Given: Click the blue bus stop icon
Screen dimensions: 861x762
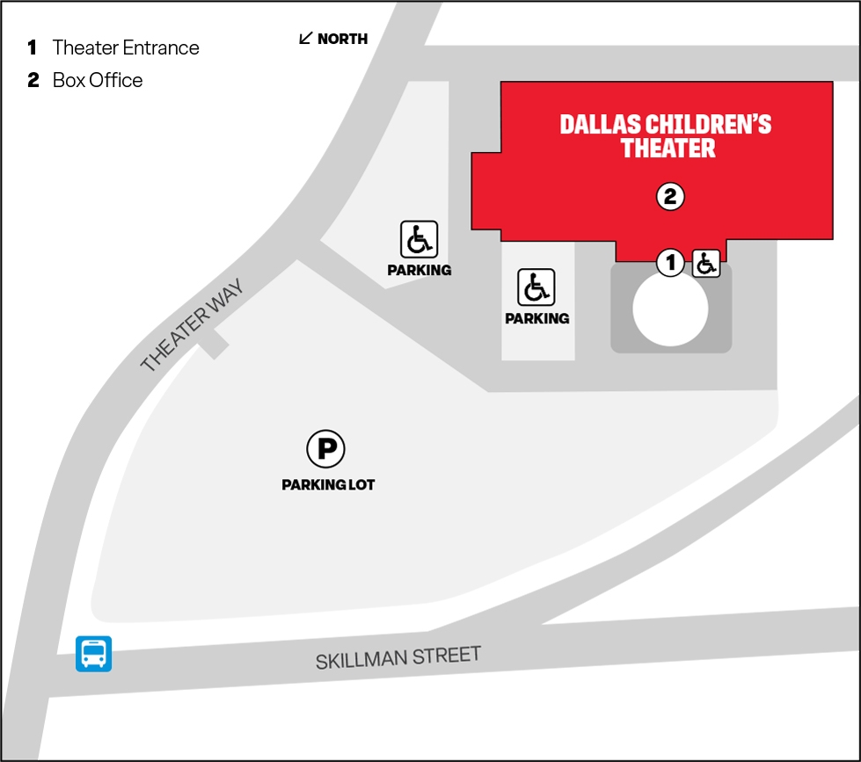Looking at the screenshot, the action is tap(93, 653).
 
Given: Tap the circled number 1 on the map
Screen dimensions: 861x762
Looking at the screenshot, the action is tap(670, 261).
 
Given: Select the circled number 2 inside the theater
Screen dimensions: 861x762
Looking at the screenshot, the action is tap(669, 197).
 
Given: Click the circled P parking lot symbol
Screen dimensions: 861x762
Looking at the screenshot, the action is tap(325, 449).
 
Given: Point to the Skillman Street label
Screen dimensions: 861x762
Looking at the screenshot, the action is tap(398, 657).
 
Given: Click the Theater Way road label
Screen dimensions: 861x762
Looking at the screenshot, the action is tap(191, 325).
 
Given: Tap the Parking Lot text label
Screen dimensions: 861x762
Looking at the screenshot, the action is tap(328, 484).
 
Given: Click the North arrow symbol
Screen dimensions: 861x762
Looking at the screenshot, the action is tap(306, 38).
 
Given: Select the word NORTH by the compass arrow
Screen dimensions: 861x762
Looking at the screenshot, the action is tap(342, 39).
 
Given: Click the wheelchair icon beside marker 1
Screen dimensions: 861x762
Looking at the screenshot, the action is tap(706, 263).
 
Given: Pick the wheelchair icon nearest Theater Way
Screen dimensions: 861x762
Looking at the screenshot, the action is tap(419, 239).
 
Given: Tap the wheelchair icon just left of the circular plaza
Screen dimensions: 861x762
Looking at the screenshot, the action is tap(536, 287).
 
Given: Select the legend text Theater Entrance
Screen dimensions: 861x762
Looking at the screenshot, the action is tap(126, 47).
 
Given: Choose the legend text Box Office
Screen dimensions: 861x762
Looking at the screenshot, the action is tap(98, 80).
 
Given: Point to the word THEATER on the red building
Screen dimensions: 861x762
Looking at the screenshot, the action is tap(668, 148).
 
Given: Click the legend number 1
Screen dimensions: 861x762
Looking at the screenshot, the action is tap(33, 47).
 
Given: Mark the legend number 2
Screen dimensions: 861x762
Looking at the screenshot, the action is tap(33, 80).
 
